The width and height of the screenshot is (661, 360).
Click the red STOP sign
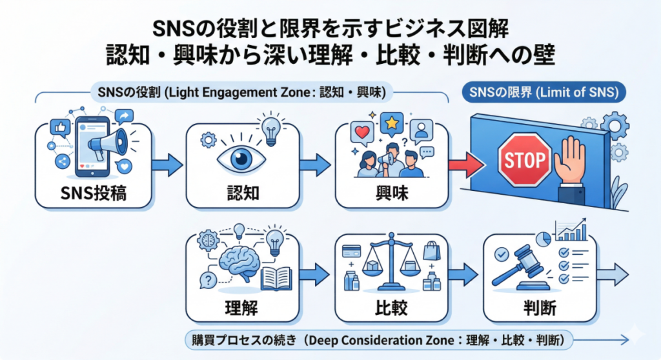coord(525,160)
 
